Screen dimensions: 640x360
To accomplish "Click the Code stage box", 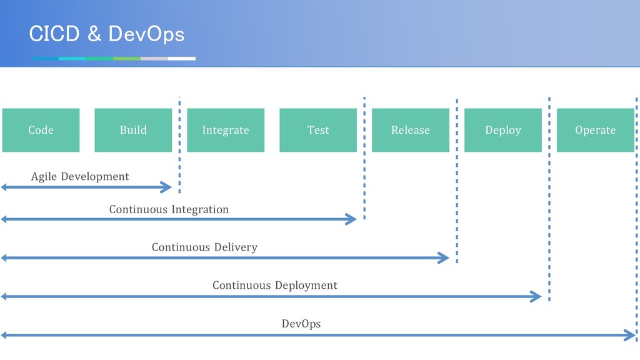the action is pyautogui.click(x=41, y=130).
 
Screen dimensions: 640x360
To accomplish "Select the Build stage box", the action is pyautogui.click(x=133, y=130).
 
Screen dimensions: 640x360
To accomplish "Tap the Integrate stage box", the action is pyautogui.click(x=226, y=130).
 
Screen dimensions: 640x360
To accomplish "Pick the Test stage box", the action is pyautogui.click(x=318, y=130).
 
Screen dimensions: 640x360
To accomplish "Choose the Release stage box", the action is pyautogui.click(x=411, y=130).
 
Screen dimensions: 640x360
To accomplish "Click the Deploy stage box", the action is pyautogui.click(x=503, y=130).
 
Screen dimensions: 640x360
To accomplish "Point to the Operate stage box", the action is pyautogui.click(x=596, y=130).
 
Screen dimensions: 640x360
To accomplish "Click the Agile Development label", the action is pyautogui.click(x=80, y=177).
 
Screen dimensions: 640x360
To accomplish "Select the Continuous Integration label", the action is pyautogui.click(x=169, y=210).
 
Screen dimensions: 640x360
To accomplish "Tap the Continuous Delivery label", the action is pyautogui.click(x=204, y=247).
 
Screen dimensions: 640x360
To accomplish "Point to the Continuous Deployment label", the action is pyautogui.click(x=275, y=285).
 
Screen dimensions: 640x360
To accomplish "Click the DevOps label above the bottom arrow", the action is pyautogui.click(x=301, y=324).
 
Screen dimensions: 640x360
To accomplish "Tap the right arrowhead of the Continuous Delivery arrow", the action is pyautogui.click(x=444, y=257).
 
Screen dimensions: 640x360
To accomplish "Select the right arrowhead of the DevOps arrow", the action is pyautogui.click(x=630, y=336).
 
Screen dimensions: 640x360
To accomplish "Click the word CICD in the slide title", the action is pyautogui.click(x=54, y=34).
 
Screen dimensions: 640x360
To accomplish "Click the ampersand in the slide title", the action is pyautogui.click(x=94, y=34).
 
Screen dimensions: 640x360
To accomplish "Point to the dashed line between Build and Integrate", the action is pyautogui.click(x=179, y=144).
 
